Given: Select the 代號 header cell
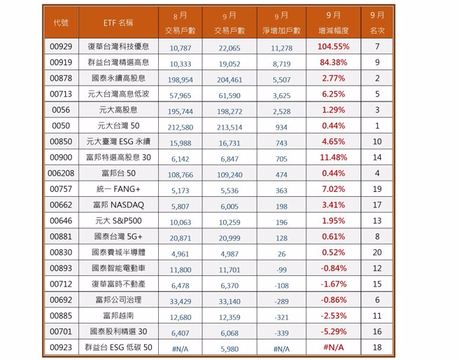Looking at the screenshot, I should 61,22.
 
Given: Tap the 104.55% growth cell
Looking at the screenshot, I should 333,46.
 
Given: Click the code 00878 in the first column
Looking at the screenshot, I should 61,78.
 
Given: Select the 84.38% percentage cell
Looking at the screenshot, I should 333,62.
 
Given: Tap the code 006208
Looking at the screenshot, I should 61,173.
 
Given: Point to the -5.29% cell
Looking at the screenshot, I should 333,331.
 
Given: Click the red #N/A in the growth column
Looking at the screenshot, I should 333,347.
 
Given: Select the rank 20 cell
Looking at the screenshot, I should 377,252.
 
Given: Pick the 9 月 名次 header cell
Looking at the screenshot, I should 377,22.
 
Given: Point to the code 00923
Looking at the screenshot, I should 61,347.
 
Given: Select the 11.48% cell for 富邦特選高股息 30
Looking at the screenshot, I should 333,158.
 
